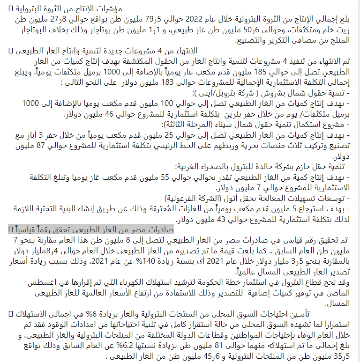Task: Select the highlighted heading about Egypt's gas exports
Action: point(91,229)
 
